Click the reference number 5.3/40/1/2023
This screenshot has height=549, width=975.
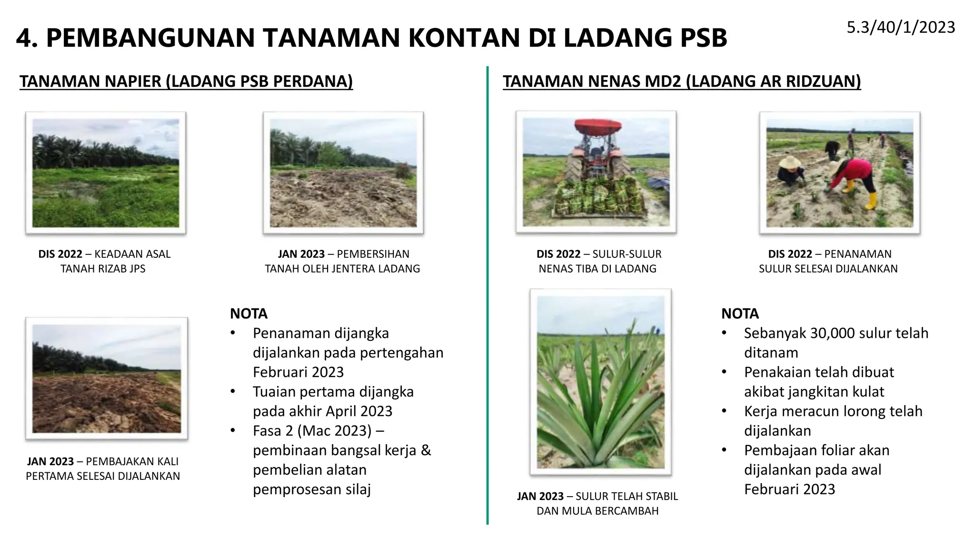(x=901, y=27)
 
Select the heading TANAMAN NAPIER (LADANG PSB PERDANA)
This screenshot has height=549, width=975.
(x=186, y=81)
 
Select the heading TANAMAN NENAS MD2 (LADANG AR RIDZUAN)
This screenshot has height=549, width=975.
(x=682, y=81)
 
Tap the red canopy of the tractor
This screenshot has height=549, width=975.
(x=598, y=126)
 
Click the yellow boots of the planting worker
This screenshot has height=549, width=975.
(x=870, y=201)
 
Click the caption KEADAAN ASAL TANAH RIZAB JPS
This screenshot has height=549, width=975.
(x=104, y=261)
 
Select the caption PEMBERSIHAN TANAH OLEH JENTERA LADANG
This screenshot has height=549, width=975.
(x=342, y=261)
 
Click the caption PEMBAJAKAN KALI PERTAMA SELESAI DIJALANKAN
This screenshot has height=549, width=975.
(x=103, y=468)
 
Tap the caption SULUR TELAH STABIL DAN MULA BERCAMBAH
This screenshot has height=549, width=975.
(x=597, y=503)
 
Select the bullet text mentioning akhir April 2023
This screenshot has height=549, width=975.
(x=333, y=401)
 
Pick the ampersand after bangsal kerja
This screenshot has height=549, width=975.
(x=426, y=450)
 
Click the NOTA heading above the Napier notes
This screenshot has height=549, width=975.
(x=249, y=314)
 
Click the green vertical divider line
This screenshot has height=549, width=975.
(x=487, y=295)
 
